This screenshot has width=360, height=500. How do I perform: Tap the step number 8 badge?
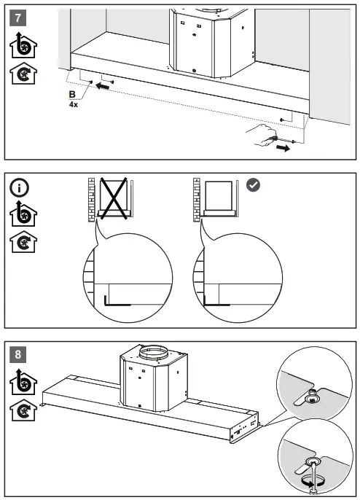23,356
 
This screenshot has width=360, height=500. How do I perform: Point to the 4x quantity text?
73,104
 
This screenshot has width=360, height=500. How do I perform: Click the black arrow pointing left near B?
106,87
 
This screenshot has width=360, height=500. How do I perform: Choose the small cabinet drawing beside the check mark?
221,195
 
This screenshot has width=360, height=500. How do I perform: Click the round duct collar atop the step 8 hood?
154,355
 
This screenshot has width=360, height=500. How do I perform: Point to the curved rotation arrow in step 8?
309,481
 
